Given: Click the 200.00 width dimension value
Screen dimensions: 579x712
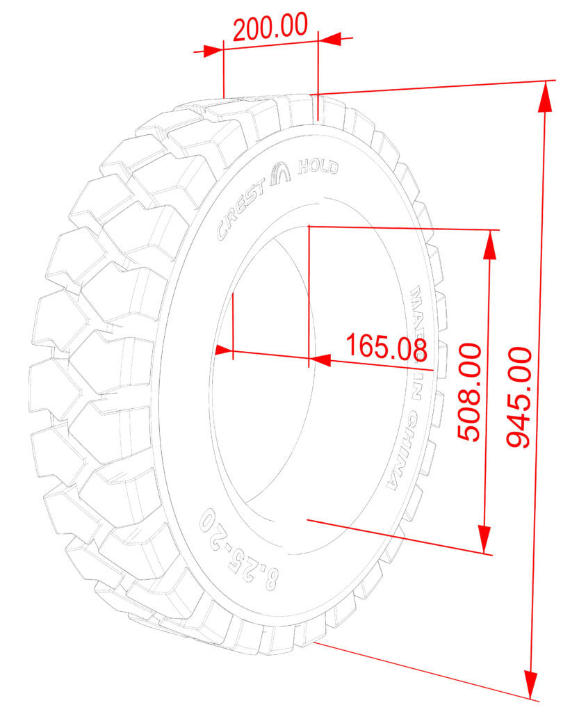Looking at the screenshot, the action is click(270, 27).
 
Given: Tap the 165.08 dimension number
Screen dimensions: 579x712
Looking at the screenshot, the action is click(386, 346).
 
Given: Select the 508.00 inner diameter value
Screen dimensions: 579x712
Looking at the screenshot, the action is click(469, 392).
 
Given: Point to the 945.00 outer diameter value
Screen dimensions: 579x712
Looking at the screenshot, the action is click(519, 397).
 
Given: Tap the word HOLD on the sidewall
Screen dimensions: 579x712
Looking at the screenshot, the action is click(318, 167).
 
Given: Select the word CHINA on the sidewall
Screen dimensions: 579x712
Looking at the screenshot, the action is click(398, 451).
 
